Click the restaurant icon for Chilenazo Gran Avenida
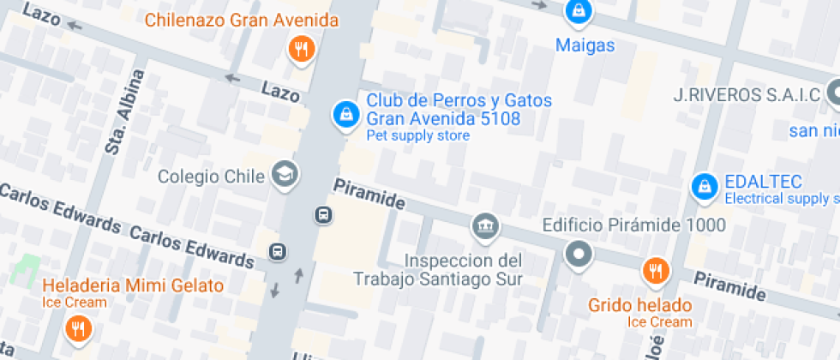(x=300, y=49)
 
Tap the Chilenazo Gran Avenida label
(x=241, y=20)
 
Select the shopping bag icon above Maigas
(x=579, y=12)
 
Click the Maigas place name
(x=585, y=45)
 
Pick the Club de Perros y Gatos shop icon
(x=345, y=113)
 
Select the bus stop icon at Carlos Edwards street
(x=277, y=252)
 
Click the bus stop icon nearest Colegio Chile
(x=323, y=214)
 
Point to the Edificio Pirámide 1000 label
(x=634, y=225)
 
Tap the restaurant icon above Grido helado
(x=655, y=272)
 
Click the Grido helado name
(x=639, y=305)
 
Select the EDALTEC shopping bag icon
(x=704, y=185)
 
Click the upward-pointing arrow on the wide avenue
(x=299, y=276)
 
